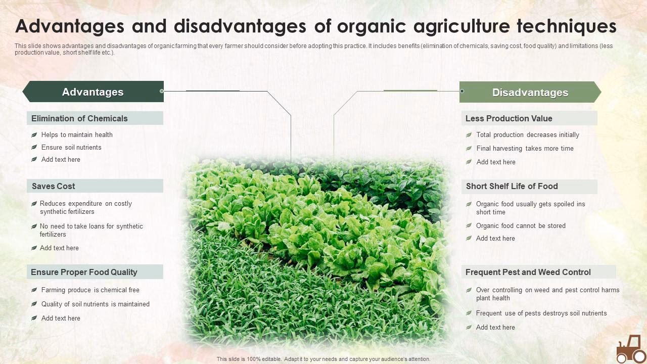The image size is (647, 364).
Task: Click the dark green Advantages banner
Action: [93, 92]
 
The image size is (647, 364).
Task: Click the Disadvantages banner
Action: [530, 92]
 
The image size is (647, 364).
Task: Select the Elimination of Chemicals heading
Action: [79, 118]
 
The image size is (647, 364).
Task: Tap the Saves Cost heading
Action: [54, 186]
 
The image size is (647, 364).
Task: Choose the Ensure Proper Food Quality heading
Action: [84, 272]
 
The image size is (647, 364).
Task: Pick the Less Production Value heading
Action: [509, 118]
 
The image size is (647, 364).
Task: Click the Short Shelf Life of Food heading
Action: [512, 186]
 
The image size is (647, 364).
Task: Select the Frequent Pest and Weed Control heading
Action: [528, 272]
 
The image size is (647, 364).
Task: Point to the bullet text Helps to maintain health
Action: [77, 135]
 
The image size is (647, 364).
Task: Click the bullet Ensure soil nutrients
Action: [71, 148]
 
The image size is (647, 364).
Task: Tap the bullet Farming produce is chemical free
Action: [90, 290]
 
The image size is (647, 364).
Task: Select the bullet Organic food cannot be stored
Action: [521, 226]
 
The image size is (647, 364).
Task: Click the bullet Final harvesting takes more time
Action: [525, 149]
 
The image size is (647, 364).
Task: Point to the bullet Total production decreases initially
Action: [528, 135]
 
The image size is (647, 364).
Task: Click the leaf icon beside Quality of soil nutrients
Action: [34, 304]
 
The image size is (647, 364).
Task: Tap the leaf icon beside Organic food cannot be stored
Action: [469, 226]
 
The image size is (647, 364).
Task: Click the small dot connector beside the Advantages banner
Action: [162, 91]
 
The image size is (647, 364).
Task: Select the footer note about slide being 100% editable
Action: [323, 359]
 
